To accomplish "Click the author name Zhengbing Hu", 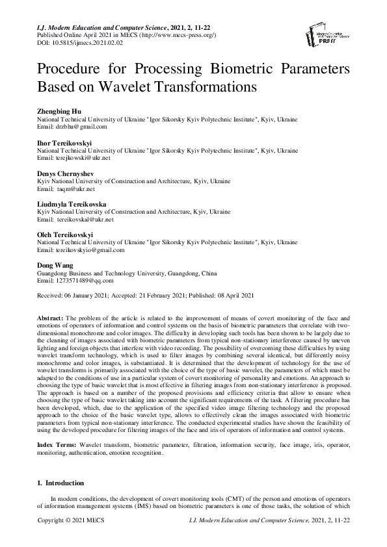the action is point(60,112).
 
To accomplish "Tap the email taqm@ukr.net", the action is point(75,189).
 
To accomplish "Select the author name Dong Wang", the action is point(55,266).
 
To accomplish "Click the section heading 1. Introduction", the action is point(60,483).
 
